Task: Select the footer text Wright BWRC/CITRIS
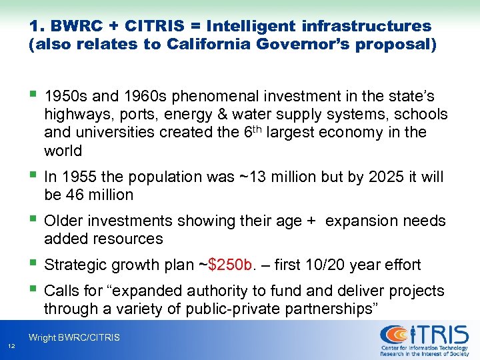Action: (x=74, y=338)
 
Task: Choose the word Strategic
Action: (x=74, y=265)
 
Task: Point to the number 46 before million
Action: (x=73, y=195)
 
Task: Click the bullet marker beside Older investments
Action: (x=33, y=219)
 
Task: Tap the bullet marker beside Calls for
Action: (x=33, y=290)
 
